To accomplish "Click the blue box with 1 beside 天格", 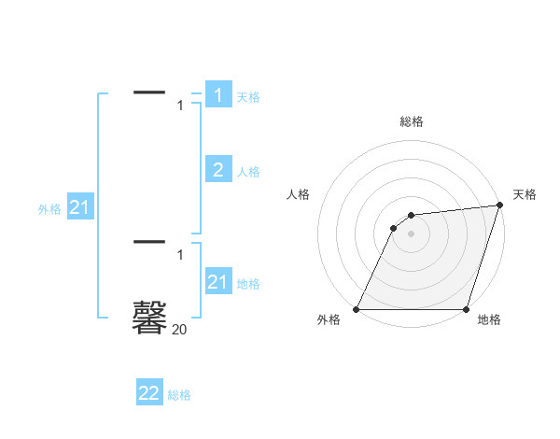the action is [x=218, y=95].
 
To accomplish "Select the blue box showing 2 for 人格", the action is [x=218, y=169].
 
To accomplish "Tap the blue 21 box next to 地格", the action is [x=218, y=281].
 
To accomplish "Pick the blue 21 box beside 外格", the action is [x=79, y=208].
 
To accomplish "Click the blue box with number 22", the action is [x=149, y=393].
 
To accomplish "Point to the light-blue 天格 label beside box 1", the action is [x=248, y=97].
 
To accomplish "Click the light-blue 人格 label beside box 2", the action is [x=248, y=172].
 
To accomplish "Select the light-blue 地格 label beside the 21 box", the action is [x=248, y=284].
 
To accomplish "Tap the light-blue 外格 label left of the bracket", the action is [x=49, y=210].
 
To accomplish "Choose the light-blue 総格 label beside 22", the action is [x=179, y=396].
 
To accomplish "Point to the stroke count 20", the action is [x=179, y=329].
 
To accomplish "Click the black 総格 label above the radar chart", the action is [x=411, y=121].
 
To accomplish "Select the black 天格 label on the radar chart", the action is [x=525, y=194].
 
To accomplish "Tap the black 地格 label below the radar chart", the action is [x=489, y=320].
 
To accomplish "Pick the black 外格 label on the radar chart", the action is [x=329, y=320].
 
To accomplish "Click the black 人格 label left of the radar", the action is [x=298, y=194].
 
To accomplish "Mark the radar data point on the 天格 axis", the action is [x=500, y=205].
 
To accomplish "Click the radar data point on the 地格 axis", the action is [x=466, y=309].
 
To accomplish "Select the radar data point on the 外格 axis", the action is [x=356, y=309].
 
